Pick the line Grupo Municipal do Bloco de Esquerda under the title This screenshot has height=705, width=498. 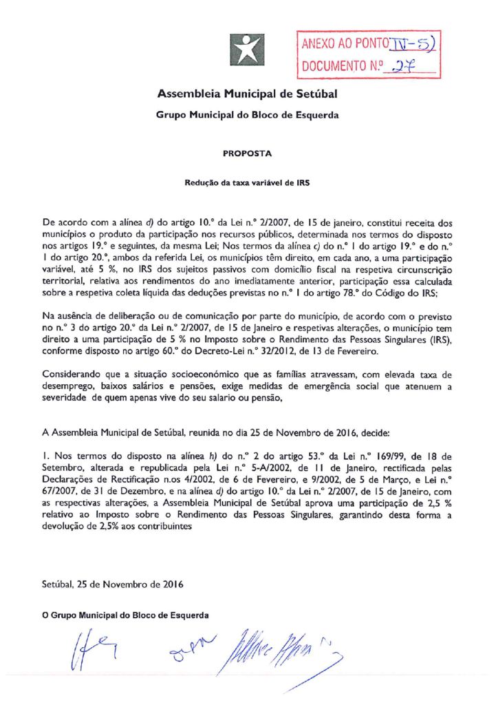pos(247,116)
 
